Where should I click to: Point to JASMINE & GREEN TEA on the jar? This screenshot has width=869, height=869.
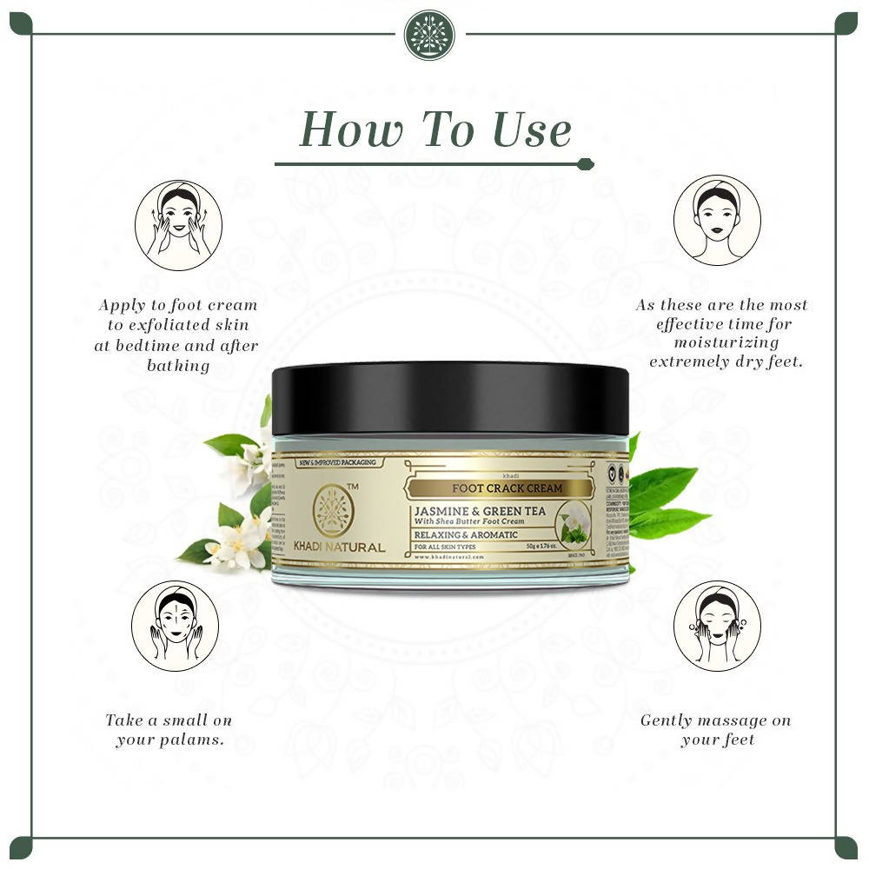pos(481,511)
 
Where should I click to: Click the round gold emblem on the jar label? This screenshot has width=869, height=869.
pos(336,510)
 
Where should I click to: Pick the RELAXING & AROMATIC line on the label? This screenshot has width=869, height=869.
pos(467,534)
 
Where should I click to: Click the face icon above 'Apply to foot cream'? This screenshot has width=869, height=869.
pos(178,224)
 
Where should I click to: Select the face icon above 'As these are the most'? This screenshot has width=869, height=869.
pos(717,219)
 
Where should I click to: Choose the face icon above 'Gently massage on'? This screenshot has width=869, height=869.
pos(717,626)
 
